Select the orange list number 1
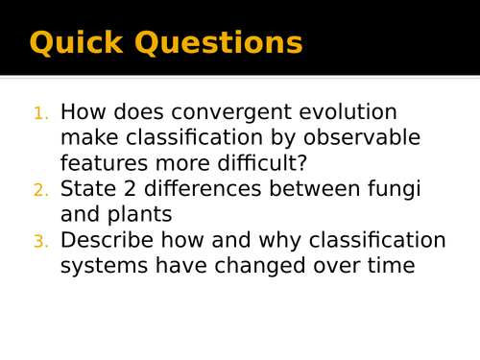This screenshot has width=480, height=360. pos(40,114)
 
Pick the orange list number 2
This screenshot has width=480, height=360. pos(40,190)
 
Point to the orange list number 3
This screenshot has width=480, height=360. pos(40,242)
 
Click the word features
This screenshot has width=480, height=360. pos(105,163)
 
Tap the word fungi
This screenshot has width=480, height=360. pos(397,189)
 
